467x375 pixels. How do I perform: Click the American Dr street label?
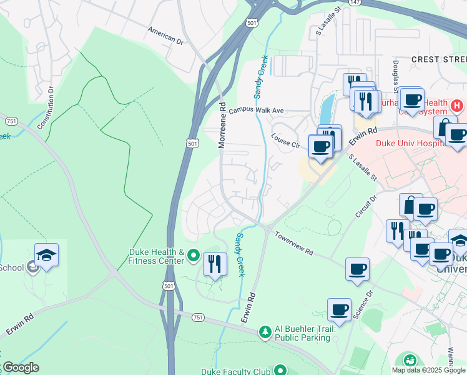coord(165,34)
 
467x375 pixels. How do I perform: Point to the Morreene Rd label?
coord(222,126)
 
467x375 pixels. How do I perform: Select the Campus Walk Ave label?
coord(256,111)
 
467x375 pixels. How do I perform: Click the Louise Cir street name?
coord(285,139)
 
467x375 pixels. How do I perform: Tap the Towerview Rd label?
coord(293,242)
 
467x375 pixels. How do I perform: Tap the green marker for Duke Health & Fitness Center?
coord(193,255)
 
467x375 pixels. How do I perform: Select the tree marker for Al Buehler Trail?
coord(265,332)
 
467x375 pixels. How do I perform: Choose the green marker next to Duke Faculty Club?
coord(280,370)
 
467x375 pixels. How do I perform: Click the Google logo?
coord(20,367)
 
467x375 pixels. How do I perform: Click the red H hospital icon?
coord(458,106)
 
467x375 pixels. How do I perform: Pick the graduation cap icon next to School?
coord(46,255)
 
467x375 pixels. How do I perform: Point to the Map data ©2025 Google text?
coord(428,370)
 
